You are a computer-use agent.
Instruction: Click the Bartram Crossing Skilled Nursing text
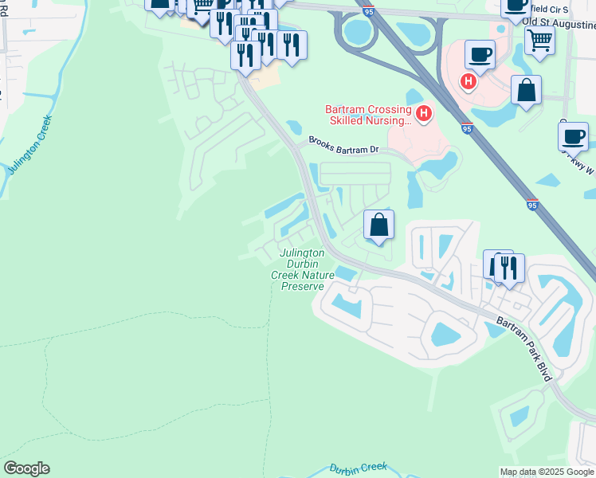coord(367,115)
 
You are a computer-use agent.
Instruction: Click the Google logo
coord(26,468)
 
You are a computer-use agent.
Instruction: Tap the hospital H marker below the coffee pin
coord(469,80)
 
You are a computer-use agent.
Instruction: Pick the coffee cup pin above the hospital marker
coord(480,55)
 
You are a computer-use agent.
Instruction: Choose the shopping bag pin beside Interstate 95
coord(526,90)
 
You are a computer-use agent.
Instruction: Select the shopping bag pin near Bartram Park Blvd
coord(379,225)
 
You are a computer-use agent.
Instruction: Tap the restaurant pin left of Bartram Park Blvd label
coord(508,268)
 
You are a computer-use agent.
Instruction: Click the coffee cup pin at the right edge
coord(573,135)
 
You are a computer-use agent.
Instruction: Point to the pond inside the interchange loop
coord(360,32)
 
